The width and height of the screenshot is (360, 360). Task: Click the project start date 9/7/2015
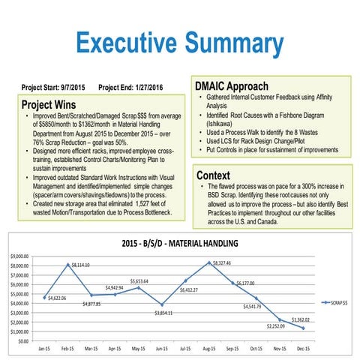coord(74,87)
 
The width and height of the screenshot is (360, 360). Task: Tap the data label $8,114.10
coord(77,265)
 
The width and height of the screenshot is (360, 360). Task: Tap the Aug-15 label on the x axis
coord(208,349)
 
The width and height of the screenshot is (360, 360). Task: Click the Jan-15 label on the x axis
coord(45,349)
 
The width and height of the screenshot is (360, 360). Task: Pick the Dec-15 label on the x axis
coord(301,349)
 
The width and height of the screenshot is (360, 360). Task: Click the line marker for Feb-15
coord(68,265)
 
